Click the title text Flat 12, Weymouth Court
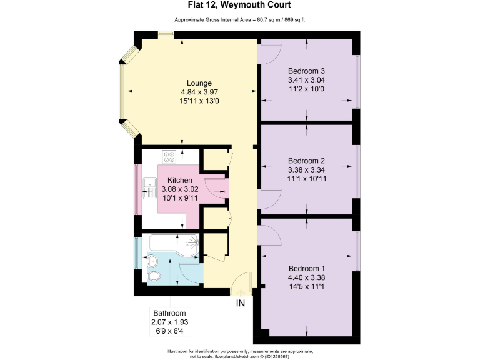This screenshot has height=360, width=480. coord(239,6)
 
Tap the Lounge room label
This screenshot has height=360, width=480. coord(199,83)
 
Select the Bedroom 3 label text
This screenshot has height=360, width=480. coord(306,71)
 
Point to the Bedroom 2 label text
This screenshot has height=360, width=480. coord(306,160)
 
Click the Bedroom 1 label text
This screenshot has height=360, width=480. coord(306,269)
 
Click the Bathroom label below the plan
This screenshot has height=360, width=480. coord(169,313)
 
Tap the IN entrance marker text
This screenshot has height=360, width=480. coord(241,304)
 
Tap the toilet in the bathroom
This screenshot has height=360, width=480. coord(153,275)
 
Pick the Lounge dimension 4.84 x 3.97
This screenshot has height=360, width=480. coord(199,92)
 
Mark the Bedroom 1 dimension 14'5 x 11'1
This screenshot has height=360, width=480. coord(306,287)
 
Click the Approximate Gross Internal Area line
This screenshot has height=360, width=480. coord(239,20)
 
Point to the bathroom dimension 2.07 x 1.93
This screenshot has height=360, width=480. coord(169,322)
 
